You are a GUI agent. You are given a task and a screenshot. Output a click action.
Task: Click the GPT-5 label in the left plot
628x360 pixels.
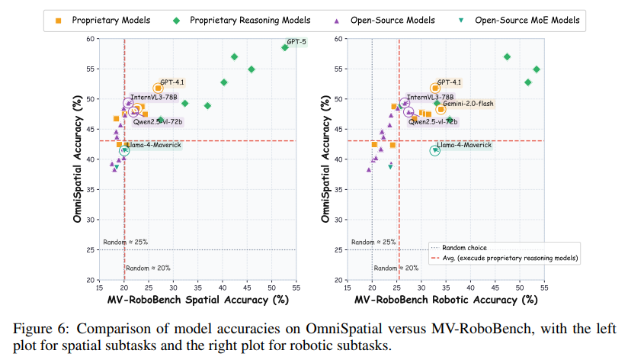pyautogui.click(x=296, y=41)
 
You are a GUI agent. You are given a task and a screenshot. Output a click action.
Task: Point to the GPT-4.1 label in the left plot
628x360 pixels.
pyautogui.click(x=172, y=81)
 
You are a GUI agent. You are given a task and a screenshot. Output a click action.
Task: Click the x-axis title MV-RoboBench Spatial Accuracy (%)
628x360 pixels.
pyautogui.click(x=197, y=301)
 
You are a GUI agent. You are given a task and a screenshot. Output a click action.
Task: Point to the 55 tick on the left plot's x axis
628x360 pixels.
pyautogui.click(x=296, y=288)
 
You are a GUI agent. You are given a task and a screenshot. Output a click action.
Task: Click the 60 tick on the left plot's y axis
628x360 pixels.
pyautogui.click(x=91, y=38)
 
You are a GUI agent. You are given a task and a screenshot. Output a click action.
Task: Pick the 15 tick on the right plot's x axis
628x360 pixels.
pyautogui.click(x=347, y=288)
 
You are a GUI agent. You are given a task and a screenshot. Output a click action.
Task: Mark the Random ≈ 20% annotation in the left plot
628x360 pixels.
pyautogui.click(x=148, y=268)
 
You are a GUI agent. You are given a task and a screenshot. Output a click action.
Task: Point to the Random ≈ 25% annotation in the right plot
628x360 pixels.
pyautogui.click(x=373, y=242)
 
